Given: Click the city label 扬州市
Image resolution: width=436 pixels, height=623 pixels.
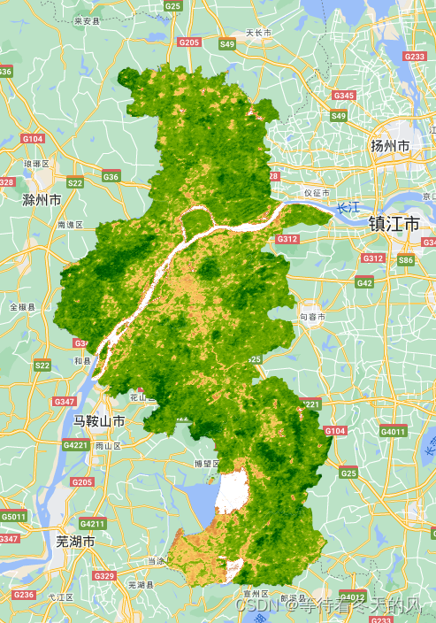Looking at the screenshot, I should click(x=390, y=145).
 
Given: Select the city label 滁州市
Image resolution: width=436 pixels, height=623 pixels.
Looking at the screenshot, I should click(x=42, y=200).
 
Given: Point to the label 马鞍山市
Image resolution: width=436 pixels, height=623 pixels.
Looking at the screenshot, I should click(x=98, y=420).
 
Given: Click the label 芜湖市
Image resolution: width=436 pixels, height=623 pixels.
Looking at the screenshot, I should click(x=74, y=540).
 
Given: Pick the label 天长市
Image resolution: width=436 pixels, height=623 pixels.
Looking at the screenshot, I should click(x=257, y=33).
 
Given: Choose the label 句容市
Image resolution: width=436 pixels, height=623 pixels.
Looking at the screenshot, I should click(x=312, y=316).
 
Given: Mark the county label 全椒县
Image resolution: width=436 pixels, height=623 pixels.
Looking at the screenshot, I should click(x=22, y=307).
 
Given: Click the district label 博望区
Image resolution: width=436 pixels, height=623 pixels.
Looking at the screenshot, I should click(x=206, y=463).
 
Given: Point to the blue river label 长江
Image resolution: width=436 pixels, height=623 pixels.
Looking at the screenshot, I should click(x=348, y=208).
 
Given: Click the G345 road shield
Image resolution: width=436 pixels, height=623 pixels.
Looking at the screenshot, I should click(x=343, y=95).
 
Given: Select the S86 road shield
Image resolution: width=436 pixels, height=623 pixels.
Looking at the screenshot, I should click(x=406, y=260).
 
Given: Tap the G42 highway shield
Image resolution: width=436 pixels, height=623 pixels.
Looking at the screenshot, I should click(x=364, y=282).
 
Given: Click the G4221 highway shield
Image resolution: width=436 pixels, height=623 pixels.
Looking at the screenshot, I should click(x=77, y=445).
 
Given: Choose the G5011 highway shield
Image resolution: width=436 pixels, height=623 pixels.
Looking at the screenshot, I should click(x=13, y=516).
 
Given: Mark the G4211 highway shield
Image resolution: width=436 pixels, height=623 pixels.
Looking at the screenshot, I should click(x=93, y=523).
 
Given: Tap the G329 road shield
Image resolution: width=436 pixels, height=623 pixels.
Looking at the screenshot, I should click(x=104, y=576).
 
